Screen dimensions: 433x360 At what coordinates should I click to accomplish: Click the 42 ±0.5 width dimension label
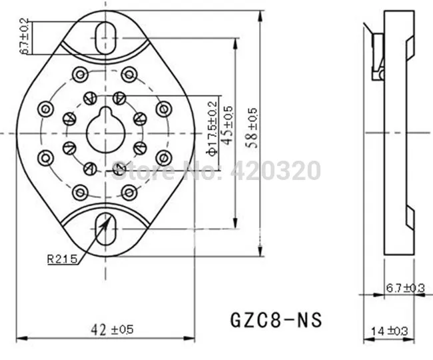[112, 329]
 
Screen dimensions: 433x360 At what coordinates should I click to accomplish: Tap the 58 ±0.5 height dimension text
[252, 128]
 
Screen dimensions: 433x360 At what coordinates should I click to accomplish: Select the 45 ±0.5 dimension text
[228, 125]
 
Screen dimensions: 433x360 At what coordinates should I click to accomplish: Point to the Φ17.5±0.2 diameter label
[213, 129]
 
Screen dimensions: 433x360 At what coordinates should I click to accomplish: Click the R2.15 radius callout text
[62, 259]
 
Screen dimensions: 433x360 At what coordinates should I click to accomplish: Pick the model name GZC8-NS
[276, 320]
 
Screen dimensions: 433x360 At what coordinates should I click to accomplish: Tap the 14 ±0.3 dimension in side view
[389, 331]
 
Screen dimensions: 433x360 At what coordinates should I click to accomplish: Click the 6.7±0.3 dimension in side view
[405, 288]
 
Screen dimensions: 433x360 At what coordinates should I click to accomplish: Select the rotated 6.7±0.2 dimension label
[24, 36]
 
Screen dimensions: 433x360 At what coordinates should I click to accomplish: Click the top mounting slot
[105, 38]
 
